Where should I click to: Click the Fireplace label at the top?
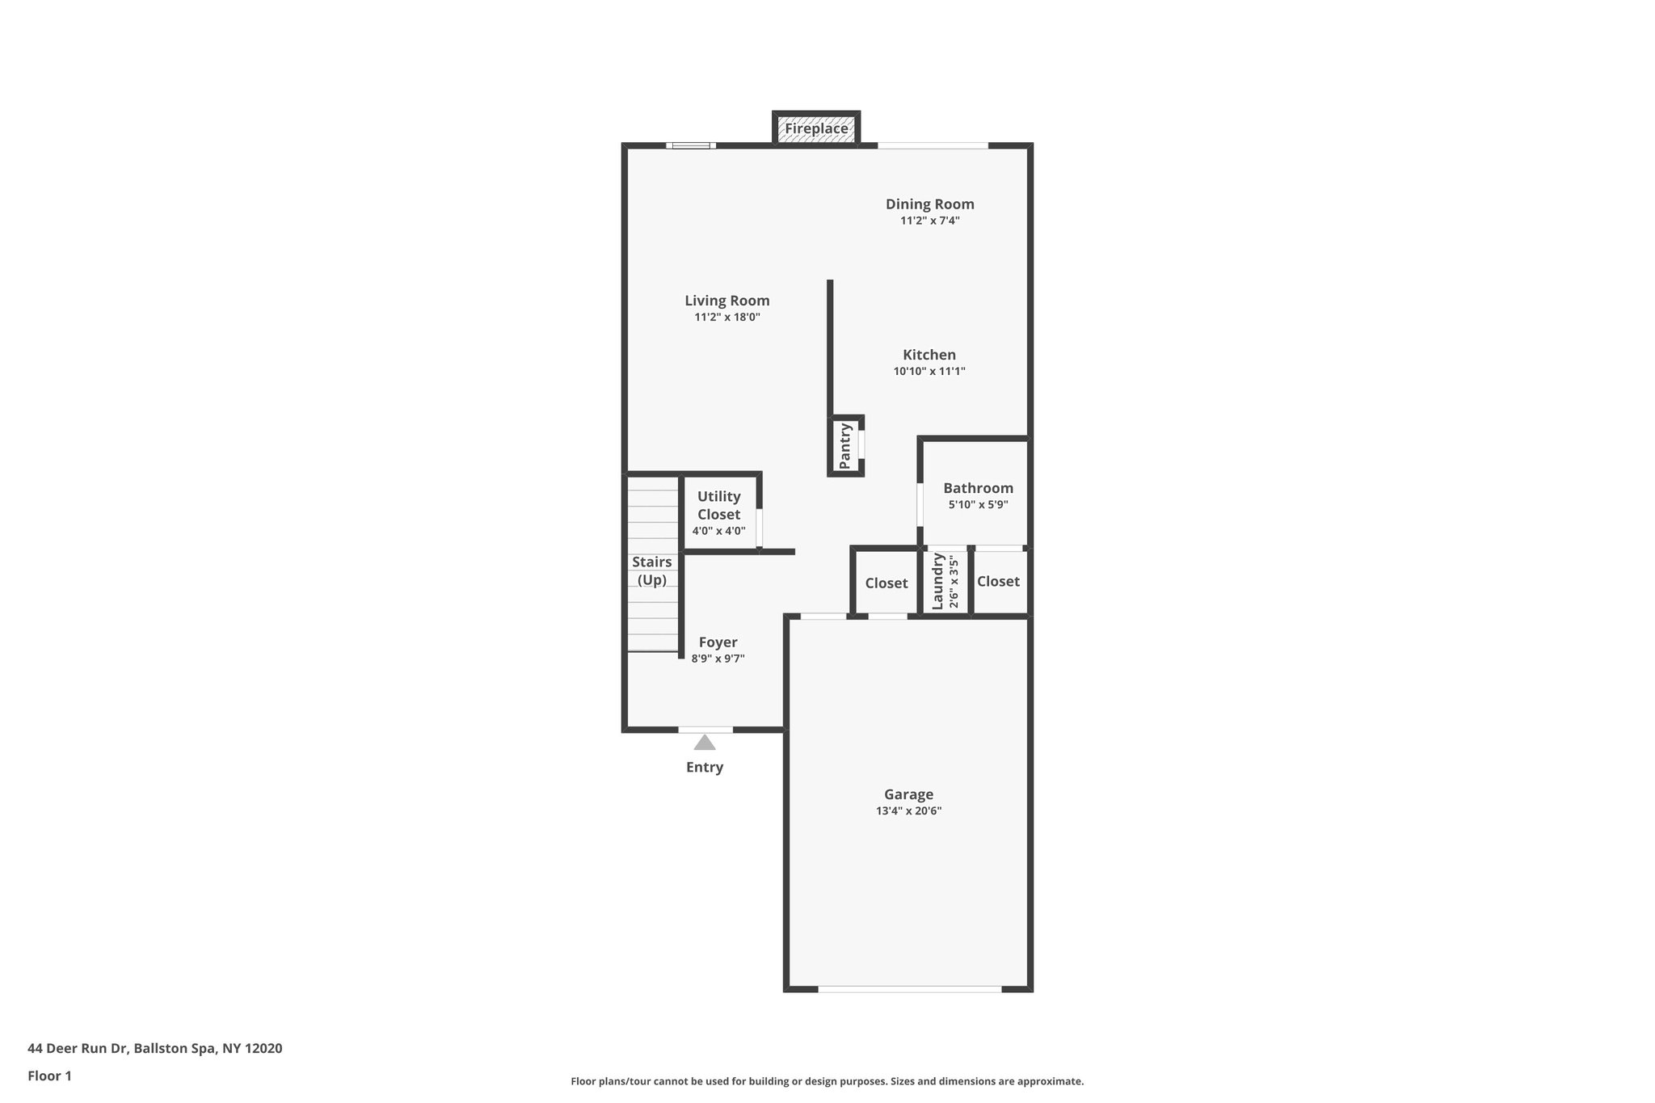(x=816, y=128)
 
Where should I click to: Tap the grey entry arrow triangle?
(x=705, y=743)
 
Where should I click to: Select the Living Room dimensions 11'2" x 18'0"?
(x=726, y=318)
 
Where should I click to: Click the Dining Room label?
(x=929, y=204)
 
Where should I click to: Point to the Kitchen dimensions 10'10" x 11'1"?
(x=929, y=372)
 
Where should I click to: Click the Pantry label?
(x=845, y=446)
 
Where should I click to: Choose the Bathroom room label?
(x=978, y=488)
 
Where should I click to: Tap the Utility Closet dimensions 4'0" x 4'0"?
(x=718, y=532)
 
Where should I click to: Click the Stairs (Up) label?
(x=651, y=570)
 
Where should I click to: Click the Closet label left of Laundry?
(x=886, y=583)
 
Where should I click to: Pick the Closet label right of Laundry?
(x=998, y=582)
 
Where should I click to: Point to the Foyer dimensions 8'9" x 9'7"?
(x=718, y=659)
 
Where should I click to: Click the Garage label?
(x=908, y=794)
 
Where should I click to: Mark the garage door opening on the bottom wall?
(x=909, y=988)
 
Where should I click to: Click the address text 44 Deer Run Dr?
(x=78, y=1049)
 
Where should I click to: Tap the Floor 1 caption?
(x=49, y=1076)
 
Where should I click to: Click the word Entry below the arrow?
(x=705, y=768)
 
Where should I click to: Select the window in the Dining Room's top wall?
(x=933, y=145)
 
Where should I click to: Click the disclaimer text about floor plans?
(x=827, y=1081)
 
